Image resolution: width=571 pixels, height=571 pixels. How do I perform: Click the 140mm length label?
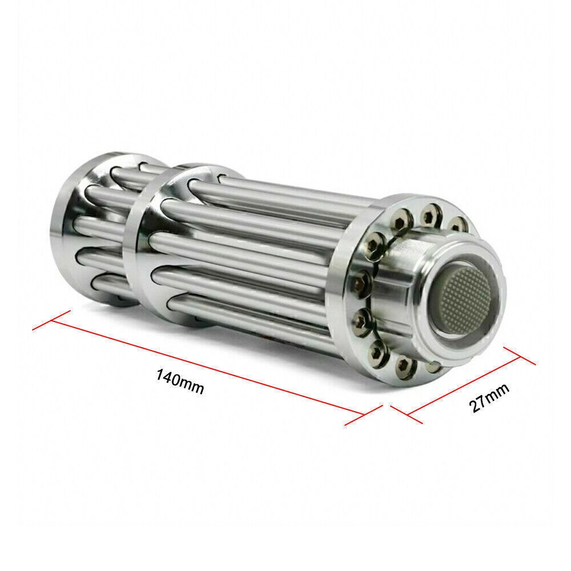[x=180, y=383]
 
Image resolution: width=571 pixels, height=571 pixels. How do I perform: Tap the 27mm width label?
[x=489, y=397]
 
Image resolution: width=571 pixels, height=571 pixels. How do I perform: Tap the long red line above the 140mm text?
[x=206, y=366]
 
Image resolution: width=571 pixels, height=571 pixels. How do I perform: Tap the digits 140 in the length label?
[x=168, y=379]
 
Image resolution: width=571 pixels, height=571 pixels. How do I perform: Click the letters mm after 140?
[x=192, y=387]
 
